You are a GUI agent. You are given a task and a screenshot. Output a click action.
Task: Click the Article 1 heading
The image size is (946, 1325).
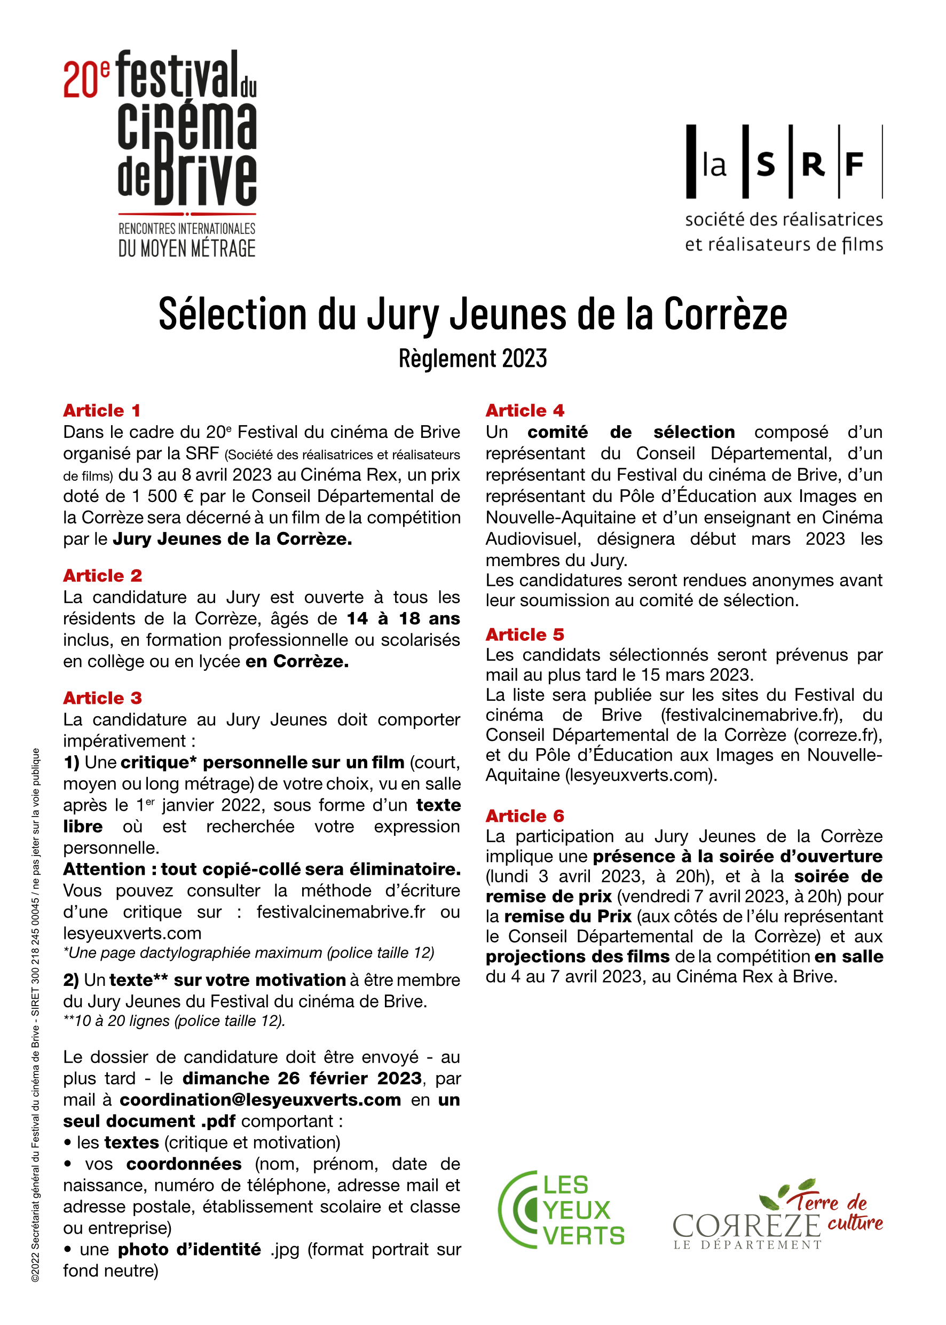[102, 410]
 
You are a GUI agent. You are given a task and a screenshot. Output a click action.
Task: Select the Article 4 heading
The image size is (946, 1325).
[525, 410]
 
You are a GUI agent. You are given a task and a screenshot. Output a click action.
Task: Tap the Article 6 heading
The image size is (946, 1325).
[525, 816]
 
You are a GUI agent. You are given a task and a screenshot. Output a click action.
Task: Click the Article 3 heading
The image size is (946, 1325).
[103, 697]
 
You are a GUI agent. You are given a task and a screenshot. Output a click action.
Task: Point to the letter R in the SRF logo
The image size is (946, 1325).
[813, 165]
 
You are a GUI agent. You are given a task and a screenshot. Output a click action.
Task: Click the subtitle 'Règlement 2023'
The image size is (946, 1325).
[472, 358]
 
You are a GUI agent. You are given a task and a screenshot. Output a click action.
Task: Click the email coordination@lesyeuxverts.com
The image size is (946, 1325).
[261, 1100]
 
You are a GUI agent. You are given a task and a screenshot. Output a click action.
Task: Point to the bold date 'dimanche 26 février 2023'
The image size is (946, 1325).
[302, 1078]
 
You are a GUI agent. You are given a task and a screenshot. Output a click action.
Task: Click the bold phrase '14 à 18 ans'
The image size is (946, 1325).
[403, 618]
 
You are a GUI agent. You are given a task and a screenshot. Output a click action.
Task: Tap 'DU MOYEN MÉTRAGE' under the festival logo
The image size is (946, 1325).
[187, 249]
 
